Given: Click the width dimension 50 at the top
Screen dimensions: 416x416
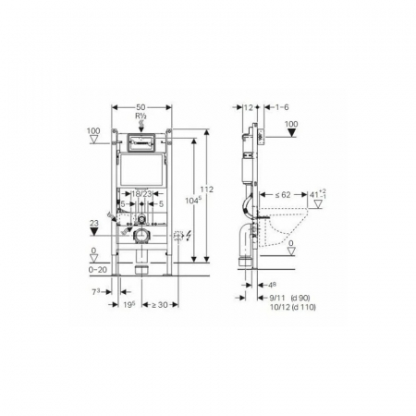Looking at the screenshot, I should pyautogui.click(x=141, y=108).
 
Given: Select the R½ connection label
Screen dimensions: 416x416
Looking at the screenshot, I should pyautogui.click(x=141, y=117).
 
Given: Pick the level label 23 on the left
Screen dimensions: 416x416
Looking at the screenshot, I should pyautogui.click(x=93, y=223).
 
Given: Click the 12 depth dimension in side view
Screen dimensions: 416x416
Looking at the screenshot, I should pyautogui.click(x=250, y=108).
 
